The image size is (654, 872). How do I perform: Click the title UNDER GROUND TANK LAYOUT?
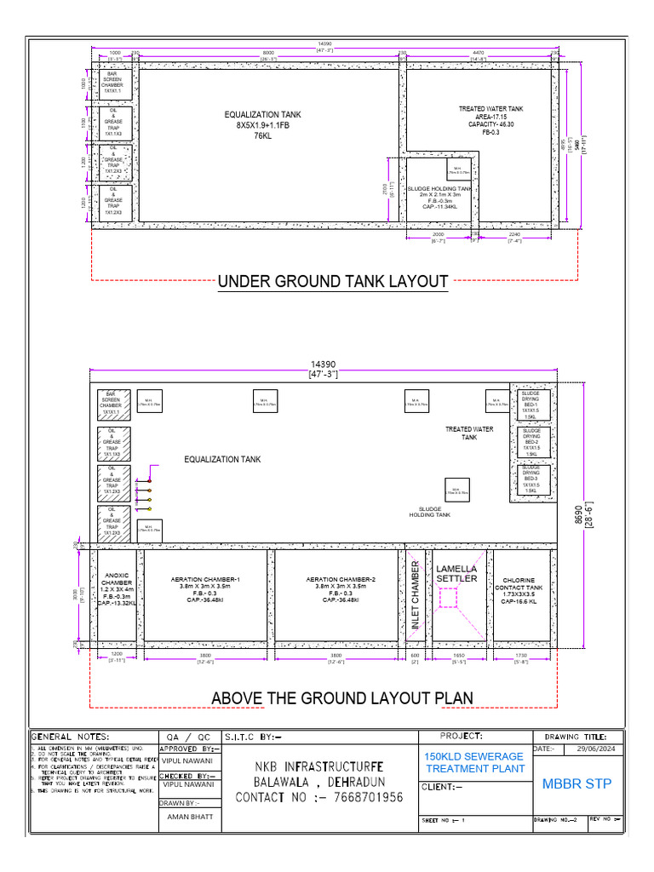pyautogui.click(x=333, y=281)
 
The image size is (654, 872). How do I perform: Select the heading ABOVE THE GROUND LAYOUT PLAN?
pyautogui.click(x=342, y=698)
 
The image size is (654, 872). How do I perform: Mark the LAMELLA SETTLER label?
pyautogui.click(x=456, y=573)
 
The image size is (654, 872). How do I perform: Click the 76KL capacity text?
pyautogui.click(x=262, y=135)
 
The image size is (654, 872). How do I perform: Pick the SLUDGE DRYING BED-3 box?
pyautogui.click(x=531, y=479)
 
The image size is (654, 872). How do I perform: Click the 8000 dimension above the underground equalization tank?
pyautogui.click(x=268, y=53)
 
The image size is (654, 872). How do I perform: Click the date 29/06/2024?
pyautogui.click(x=594, y=749)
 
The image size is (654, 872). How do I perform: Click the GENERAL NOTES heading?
pyautogui.click(x=71, y=737)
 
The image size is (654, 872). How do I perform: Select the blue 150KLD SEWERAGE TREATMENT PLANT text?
pyautogui.click(x=473, y=762)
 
